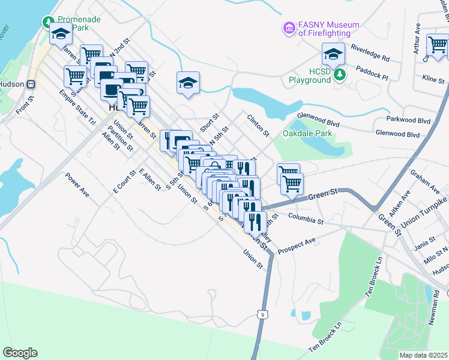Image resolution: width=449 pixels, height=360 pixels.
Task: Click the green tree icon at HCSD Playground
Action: pyautogui.click(x=340, y=74)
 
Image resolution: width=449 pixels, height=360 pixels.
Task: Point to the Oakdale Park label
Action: pyautogui.click(x=307, y=133)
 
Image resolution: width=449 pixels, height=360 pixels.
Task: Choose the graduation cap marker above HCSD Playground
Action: pyautogui.click(x=333, y=55)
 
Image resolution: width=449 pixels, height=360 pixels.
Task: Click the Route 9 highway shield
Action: pyautogui.click(x=261, y=313)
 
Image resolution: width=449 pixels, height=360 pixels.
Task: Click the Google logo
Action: pyautogui.click(x=20, y=352)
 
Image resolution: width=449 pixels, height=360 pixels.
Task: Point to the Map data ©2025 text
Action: pyautogui.click(x=423, y=355)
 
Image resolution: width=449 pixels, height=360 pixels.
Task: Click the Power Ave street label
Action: pyautogui.click(x=77, y=186)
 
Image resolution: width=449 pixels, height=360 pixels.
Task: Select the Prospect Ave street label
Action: pyautogui.click(x=297, y=241)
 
